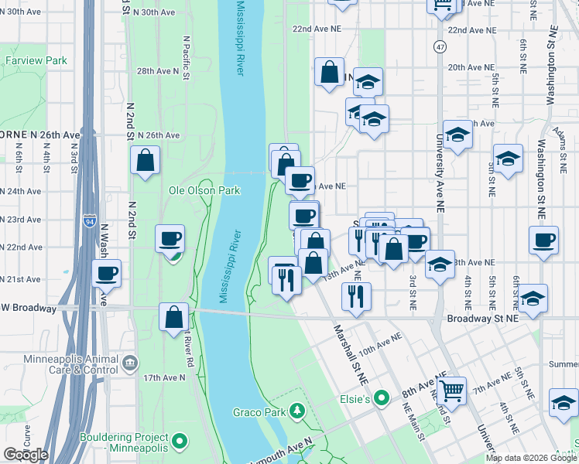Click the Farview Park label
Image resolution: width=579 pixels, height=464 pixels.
tap(36, 60)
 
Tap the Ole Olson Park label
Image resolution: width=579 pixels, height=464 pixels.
tap(204, 190)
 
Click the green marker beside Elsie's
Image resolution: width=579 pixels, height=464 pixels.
tap(380, 399)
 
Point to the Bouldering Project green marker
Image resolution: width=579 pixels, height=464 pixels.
tap(180, 442)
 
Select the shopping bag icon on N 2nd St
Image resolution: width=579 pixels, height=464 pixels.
tap(146, 161)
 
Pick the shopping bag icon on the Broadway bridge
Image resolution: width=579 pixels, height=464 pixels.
tap(174, 316)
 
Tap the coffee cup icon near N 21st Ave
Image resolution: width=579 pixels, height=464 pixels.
tap(107, 273)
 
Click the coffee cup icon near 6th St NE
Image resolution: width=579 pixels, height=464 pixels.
tap(543, 240)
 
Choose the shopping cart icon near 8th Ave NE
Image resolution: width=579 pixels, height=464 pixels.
tap(451, 391)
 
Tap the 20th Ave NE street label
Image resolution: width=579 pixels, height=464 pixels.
tap(466, 67)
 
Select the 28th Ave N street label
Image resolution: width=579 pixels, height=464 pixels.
tap(158, 70)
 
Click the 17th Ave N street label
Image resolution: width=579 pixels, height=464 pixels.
tap(163, 377)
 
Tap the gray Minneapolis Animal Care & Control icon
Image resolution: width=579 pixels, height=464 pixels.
tap(129, 362)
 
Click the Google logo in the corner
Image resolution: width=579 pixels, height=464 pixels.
tap(26, 455)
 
